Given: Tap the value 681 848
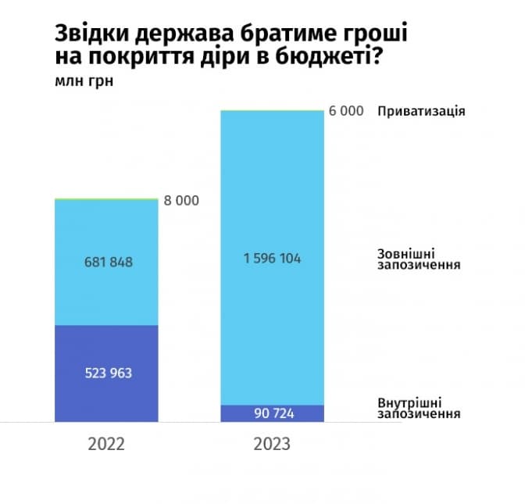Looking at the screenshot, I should [x=108, y=262].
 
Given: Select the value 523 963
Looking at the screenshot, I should [x=108, y=373].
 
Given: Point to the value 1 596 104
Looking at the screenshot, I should [x=272, y=259].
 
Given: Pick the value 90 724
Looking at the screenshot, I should [x=272, y=413].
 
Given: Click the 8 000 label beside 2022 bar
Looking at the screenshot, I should [x=181, y=201].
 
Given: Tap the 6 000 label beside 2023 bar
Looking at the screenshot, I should [x=346, y=111].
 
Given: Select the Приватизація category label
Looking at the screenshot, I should [x=421, y=111].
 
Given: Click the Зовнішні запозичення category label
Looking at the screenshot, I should [x=417, y=259].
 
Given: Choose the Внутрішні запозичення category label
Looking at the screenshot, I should [x=417, y=408].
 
